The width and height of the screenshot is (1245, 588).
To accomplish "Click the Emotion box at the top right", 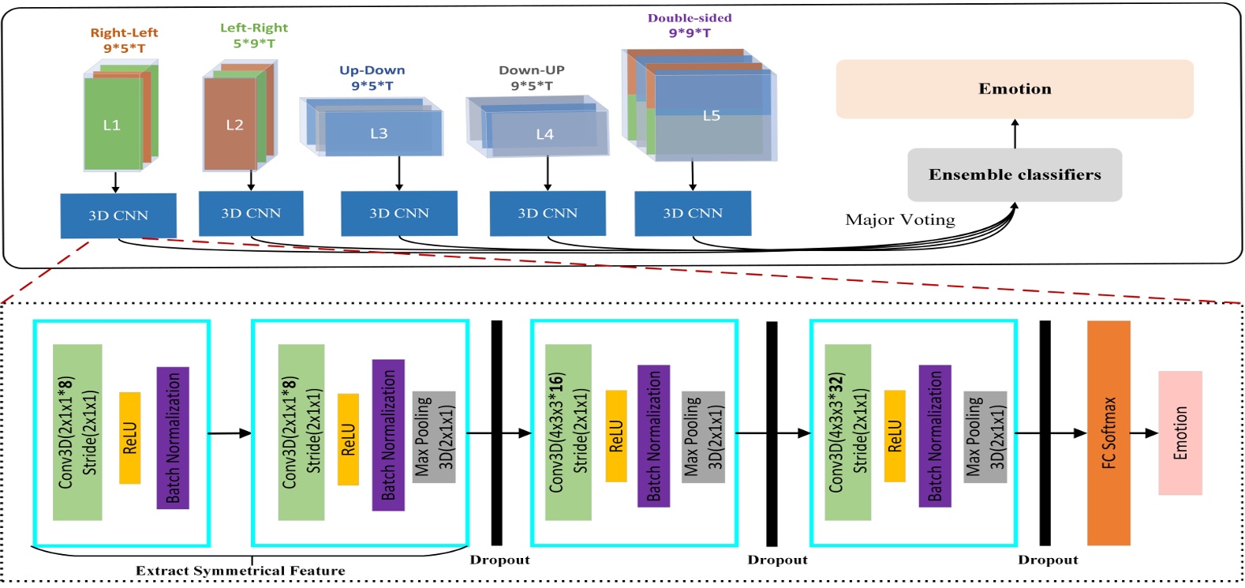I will click(1015, 89).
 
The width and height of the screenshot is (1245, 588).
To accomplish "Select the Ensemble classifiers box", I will click(1015, 174).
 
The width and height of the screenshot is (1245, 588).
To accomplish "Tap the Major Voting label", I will click(900, 219).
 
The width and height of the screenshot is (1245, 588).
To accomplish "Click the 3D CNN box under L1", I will click(118, 215).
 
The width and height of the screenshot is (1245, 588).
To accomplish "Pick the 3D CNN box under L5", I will click(693, 213).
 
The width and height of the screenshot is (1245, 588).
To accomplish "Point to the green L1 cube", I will click(112, 125).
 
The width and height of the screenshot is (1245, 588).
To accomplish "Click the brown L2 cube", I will click(230, 125).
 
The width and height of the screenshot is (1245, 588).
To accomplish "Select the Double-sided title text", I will click(690, 18).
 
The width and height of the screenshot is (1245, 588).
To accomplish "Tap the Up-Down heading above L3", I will click(372, 70).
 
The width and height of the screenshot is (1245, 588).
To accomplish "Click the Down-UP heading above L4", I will click(532, 70).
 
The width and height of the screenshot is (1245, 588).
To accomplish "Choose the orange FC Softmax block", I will click(1109, 433).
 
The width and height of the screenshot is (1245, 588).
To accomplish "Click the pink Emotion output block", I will click(1180, 433).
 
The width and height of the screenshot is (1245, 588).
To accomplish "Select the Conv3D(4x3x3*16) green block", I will click(568, 433).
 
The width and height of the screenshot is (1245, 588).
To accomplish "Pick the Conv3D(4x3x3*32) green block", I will click(848, 433).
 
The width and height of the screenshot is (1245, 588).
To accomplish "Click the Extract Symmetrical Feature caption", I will click(240, 571).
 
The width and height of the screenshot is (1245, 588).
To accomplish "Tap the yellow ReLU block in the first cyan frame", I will click(130, 437).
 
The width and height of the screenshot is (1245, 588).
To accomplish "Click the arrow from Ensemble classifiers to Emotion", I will click(1015, 133).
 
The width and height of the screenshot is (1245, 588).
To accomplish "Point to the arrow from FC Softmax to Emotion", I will click(1144, 433).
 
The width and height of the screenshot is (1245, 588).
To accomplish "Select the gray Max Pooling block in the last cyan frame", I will click(985, 436).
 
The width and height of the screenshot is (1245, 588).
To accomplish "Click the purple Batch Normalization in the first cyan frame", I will click(173, 437).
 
